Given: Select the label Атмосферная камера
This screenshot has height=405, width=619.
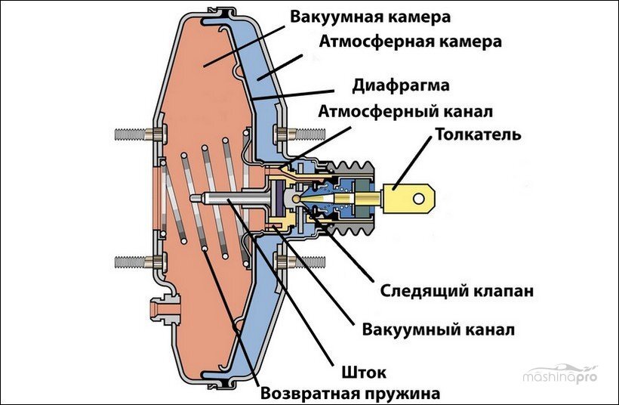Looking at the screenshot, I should [410, 41].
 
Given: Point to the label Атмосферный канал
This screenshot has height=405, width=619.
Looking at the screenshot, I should [406, 111].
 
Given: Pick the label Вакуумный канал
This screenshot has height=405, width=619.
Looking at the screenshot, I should [439, 330].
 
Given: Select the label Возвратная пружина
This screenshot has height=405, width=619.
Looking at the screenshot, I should [350, 393].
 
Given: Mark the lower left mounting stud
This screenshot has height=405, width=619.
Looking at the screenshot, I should [134, 261].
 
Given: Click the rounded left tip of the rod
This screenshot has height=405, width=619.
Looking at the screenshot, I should [194, 199].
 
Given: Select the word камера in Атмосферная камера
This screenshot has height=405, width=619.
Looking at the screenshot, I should [466, 41].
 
